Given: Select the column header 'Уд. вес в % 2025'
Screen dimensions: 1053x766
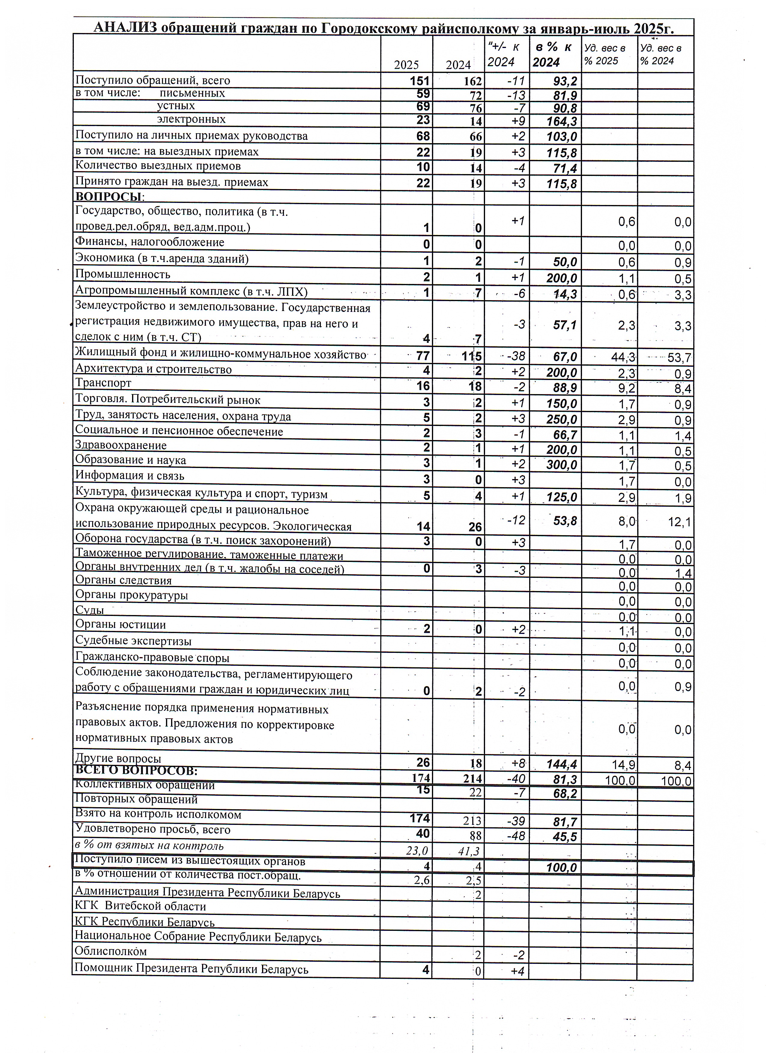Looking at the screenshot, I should [605, 54].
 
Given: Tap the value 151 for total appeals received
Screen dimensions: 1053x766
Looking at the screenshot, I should [420, 81].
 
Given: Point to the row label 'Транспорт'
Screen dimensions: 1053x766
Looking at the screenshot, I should [103, 383].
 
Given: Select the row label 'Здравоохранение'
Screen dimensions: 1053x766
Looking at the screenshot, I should [121, 445].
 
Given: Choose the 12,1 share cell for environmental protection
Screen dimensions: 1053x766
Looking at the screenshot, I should [680, 522].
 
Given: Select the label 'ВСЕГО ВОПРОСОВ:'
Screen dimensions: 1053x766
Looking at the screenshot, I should [136, 771].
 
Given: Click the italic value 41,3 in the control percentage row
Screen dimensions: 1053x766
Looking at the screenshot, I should [469, 851].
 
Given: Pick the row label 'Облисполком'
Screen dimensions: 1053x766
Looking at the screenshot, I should [110, 951].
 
